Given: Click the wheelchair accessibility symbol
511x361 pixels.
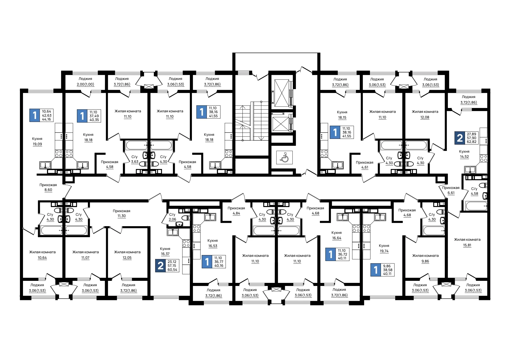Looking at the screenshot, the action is point(284,157).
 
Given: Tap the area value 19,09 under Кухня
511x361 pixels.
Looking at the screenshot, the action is point(37,144).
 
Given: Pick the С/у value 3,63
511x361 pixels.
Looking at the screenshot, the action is point(135,162).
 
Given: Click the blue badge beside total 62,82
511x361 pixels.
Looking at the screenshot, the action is point(460,138).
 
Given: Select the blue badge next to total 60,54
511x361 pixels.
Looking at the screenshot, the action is point(160,266).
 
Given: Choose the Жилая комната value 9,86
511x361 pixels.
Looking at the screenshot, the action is point(425,261).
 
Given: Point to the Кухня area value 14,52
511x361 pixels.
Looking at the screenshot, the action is point(464,157).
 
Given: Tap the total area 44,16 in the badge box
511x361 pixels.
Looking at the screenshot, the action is point(47,119).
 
